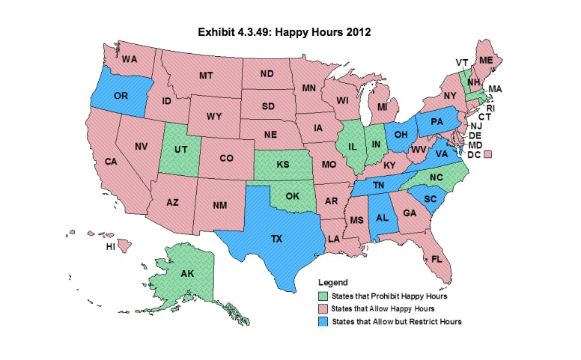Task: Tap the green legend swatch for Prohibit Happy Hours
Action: pos(323,296)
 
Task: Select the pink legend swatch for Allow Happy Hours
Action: pos(323,308)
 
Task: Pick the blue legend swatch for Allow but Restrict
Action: pos(323,321)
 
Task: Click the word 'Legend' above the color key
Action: pos(333,283)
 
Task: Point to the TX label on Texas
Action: pos(276,239)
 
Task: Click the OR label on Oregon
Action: pos(120,96)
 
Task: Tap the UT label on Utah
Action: pos(180,150)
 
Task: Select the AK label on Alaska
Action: pos(187,274)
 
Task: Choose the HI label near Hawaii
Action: pos(110,246)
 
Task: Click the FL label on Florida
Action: pos(436,258)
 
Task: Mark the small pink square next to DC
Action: pos(487,154)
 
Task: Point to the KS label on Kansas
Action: pos(283,163)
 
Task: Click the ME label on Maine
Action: pos(485,59)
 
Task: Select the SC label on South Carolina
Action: pos(430,199)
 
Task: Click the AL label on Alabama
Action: pos(382,218)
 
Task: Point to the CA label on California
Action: pos(110,162)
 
